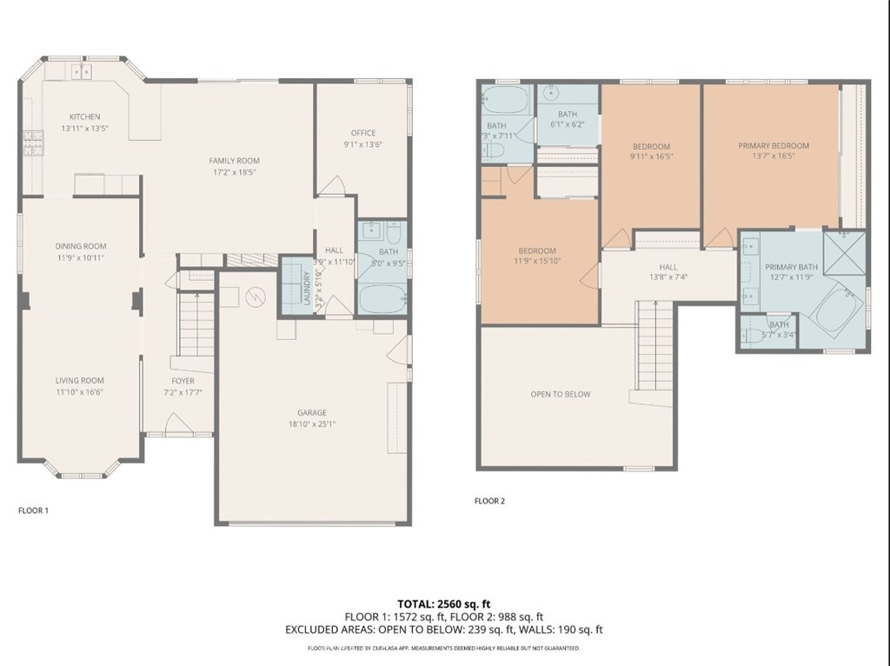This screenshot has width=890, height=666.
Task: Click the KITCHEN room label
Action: (x=85, y=117)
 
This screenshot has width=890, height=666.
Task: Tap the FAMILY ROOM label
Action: (x=234, y=160)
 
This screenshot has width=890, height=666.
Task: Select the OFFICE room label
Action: (x=362, y=133)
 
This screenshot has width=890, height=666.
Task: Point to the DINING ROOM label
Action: (x=81, y=246)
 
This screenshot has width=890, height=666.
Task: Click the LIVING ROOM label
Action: (x=80, y=380)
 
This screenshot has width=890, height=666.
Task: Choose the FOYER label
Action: (x=183, y=381)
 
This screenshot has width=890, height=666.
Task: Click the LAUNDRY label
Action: (x=306, y=290)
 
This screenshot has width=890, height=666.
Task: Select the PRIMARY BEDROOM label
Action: (x=774, y=145)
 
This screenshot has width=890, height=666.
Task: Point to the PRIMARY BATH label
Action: (x=791, y=267)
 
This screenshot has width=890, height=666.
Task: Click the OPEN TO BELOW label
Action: (x=561, y=394)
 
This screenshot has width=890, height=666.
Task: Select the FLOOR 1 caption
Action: (x=33, y=510)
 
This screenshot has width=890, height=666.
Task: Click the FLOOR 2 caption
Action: (x=489, y=501)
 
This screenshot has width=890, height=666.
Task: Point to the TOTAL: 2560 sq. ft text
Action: (x=444, y=603)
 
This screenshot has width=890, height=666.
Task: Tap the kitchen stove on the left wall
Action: (x=33, y=142)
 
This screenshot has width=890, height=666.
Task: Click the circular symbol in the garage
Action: (x=256, y=297)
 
